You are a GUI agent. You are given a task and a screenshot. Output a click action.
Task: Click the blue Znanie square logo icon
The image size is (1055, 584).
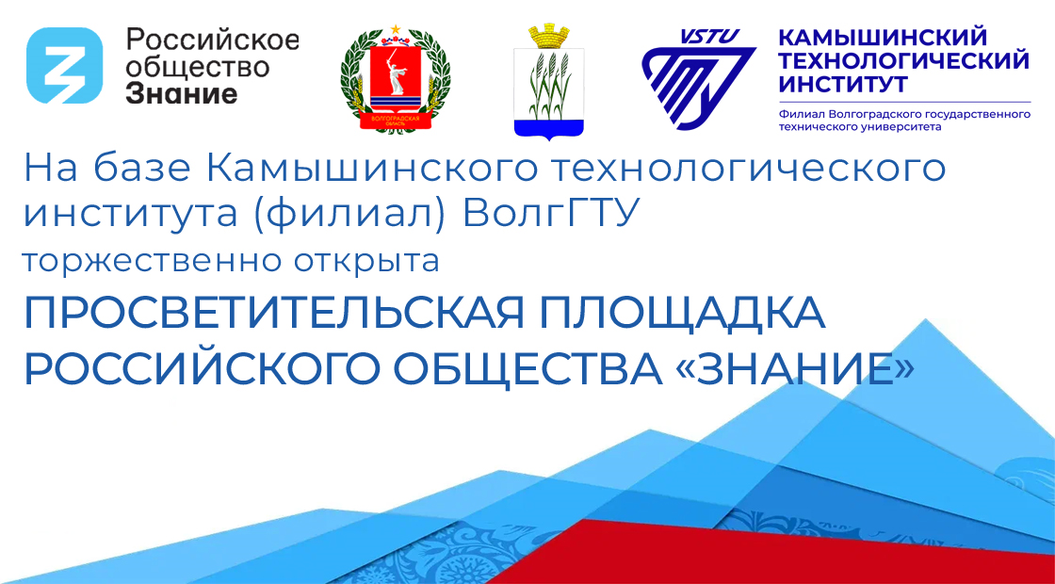click(x=65, y=65)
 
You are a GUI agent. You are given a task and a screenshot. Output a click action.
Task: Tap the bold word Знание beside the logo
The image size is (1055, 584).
click(x=182, y=93)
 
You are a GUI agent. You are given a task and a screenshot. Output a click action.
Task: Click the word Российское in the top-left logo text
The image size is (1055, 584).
click(x=213, y=40)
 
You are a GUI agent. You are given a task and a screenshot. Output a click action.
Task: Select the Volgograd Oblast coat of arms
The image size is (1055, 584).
click(x=396, y=79)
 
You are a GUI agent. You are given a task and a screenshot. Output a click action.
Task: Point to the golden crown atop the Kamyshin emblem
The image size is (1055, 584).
click(x=549, y=36)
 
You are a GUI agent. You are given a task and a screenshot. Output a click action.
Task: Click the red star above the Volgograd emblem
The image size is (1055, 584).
click(x=396, y=29)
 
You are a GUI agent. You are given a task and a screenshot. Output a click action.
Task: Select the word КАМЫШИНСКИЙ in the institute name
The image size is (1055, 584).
click(x=882, y=39)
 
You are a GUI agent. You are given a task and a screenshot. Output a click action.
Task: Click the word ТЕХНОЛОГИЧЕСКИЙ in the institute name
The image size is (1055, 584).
click(x=903, y=62)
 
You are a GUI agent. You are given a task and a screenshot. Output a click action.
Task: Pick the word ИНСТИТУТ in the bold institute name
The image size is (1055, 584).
click(x=842, y=86)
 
